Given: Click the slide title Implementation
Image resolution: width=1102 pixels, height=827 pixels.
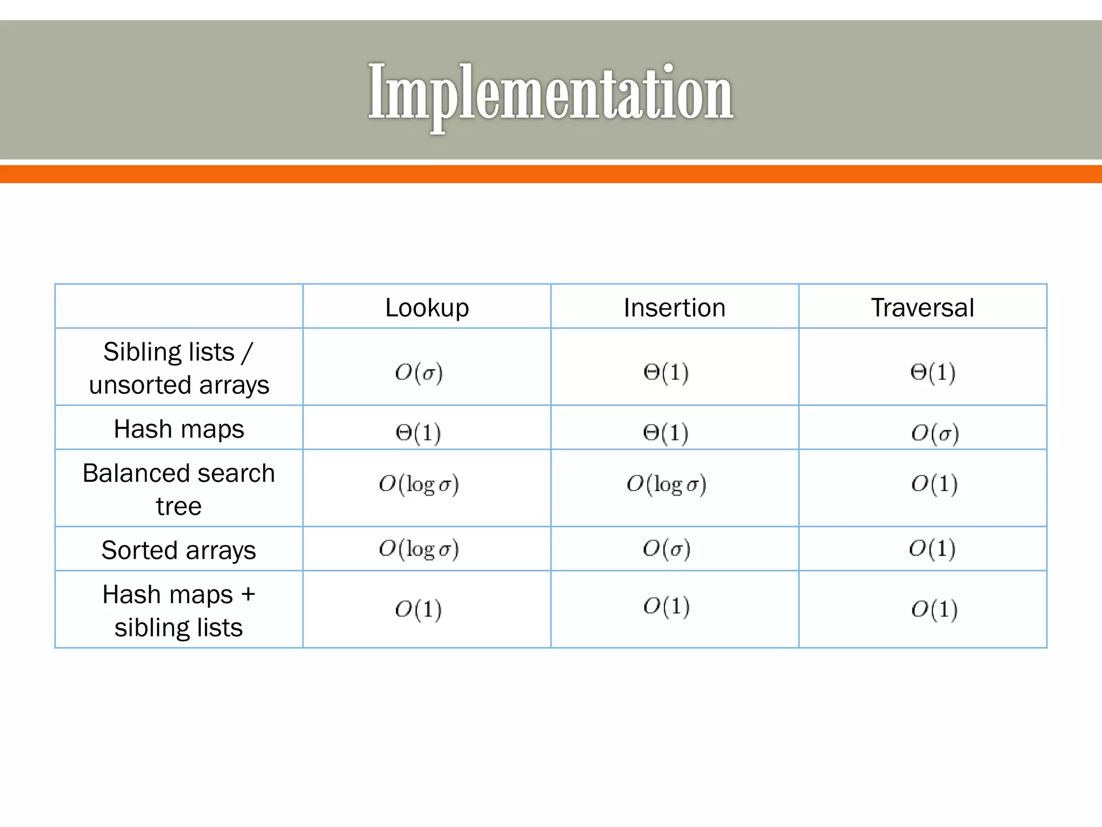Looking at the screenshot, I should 550,93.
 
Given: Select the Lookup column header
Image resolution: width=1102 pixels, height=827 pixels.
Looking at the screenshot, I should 427,308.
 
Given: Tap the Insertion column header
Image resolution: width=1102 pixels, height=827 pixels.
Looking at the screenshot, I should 674,308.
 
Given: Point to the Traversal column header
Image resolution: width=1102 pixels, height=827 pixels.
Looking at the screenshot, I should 922,308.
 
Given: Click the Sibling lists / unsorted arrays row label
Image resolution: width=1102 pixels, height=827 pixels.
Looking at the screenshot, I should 179,368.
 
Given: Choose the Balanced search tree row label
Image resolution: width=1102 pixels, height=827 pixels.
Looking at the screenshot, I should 179,489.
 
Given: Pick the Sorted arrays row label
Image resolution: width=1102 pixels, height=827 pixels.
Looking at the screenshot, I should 179,550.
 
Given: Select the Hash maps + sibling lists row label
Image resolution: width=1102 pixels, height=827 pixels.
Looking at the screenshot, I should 179,611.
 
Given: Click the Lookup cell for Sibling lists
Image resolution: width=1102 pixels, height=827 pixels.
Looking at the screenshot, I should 419,373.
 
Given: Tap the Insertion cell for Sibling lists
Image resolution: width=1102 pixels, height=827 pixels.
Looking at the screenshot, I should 666,373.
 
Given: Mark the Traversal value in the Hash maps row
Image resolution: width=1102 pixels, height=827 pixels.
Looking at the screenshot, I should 935,433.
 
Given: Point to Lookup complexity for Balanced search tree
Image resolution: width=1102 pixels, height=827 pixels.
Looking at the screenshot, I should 419,484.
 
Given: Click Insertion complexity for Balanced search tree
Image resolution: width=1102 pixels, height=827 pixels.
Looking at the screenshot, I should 666,484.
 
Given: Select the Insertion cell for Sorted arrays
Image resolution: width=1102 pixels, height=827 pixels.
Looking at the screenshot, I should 666,549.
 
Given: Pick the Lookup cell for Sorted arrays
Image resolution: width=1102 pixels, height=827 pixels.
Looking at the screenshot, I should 419,549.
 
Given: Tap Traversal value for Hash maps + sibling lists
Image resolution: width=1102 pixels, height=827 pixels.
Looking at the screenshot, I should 935,609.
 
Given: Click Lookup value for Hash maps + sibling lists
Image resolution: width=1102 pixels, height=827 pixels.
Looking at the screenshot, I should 419,609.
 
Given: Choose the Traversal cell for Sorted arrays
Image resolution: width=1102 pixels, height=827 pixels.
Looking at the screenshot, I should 933,549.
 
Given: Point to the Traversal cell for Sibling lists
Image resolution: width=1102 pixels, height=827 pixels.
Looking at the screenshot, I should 933,373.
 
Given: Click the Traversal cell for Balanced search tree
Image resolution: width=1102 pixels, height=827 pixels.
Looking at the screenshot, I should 935,484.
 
